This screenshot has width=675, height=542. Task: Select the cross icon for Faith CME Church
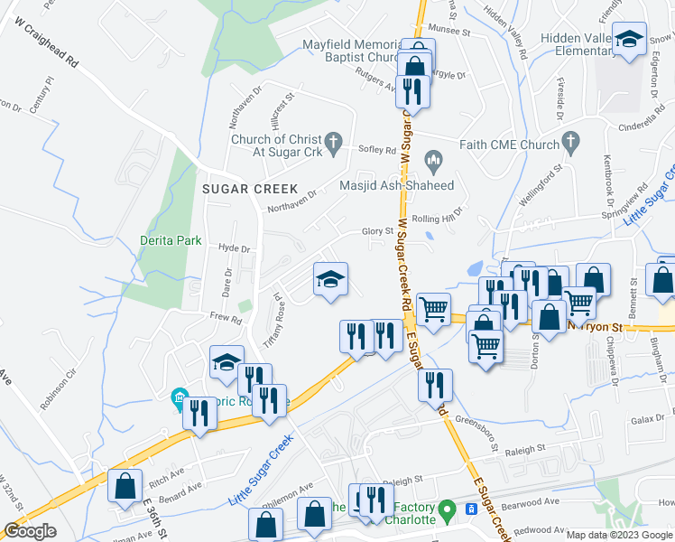(x=569, y=140)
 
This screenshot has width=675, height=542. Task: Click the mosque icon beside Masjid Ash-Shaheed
(x=434, y=164)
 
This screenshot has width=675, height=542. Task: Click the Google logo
(x=30, y=531)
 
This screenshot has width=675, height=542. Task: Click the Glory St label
(x=378, y=231)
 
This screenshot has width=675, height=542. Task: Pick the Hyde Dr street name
(x=233, y=248)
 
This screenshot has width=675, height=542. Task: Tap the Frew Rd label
(x=226, y=318)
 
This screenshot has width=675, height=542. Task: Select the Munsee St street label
(x=450, y=31)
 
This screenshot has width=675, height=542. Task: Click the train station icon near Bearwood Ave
(x=470, y=509)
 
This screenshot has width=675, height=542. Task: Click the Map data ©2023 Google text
(x=619, y=535)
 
